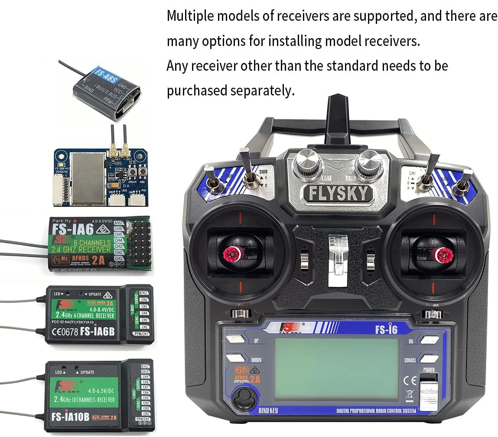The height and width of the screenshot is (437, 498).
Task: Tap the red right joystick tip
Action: click(x=443, y=256)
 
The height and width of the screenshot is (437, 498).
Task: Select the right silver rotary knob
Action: click(x=369, y=164)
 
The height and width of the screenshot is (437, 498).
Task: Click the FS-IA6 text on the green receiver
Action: click(x=69, y=229)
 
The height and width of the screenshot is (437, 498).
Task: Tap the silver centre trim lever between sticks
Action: click(x=338, y=260)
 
